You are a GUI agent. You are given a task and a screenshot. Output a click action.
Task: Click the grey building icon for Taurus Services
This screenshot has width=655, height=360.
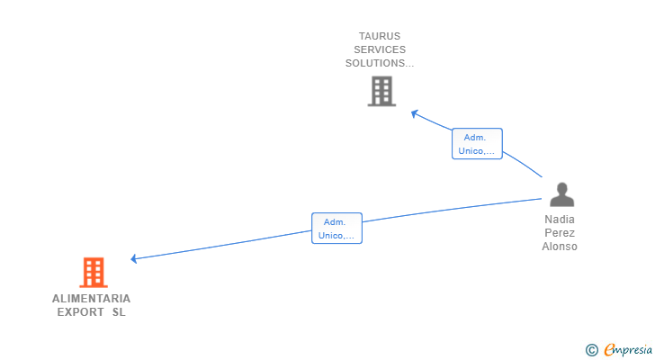pyautogui.click(x=381, y=91)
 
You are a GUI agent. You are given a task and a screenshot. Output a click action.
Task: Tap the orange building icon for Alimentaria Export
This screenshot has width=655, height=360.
pyautogui.click(x=94, y=272)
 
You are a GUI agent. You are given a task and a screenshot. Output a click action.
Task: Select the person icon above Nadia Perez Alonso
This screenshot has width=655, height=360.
pyautogui.click(x=561, y=194)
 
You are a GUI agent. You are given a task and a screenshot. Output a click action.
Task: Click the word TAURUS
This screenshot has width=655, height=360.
pyautogui.click(x=380, y=37)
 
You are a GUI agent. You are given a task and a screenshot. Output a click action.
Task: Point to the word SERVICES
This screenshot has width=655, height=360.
pyautogui.click(x=380, y=50)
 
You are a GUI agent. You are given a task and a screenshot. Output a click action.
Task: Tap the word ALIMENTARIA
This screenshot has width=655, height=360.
pyautogui.click(x=91, y=299)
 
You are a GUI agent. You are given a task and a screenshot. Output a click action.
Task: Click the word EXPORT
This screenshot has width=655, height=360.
pyautogui.click(x=80, y=313)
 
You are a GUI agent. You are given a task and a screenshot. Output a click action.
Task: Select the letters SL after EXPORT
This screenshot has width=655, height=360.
pyautogui.click(x=119, y=313)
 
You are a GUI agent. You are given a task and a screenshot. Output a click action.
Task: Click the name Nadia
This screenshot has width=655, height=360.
pyautogui.click(x=560, y=219)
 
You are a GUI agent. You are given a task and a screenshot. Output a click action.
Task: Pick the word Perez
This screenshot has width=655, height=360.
pyautogui.click(x=560, y=233)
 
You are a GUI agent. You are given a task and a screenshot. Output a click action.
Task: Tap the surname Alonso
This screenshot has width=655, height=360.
pyautogui.click(x=560, y=247)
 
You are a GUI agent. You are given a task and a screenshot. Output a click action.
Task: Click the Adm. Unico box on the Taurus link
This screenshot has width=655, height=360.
pyautogui.click(x=477, y=144)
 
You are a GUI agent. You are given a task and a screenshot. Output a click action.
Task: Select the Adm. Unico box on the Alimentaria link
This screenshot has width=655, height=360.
pyautogui.click(x=336, y=229)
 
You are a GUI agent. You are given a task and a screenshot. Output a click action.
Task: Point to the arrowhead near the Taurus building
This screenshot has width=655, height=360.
pyautogui.click(x=414, y=113)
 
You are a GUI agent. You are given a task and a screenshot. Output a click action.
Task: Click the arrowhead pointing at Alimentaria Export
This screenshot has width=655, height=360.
pyautogui.click(x=134, y=259)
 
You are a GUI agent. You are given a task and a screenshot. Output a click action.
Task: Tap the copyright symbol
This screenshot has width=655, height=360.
pyautogui.click(x=591, y=350)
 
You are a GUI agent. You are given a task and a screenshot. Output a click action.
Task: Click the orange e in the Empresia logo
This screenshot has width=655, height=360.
pyautogui.click(x=609, y=350)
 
